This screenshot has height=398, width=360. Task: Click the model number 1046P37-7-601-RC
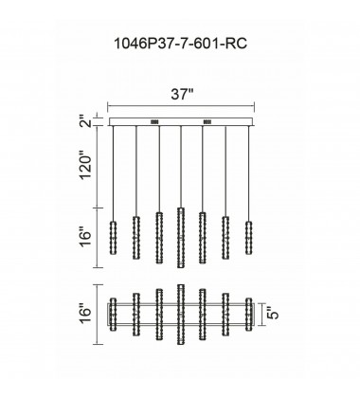180,44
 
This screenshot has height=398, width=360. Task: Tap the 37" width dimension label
182,94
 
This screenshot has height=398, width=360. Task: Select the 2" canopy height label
86,122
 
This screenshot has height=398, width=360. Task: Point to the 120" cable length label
86,167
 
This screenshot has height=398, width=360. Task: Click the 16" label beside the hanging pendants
86,238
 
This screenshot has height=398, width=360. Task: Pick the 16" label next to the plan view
86,315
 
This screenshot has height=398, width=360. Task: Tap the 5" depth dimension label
273,315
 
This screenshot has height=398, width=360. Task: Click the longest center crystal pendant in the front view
181,238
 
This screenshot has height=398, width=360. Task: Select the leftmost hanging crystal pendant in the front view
113,238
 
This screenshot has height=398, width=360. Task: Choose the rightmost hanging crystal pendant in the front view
249,238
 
